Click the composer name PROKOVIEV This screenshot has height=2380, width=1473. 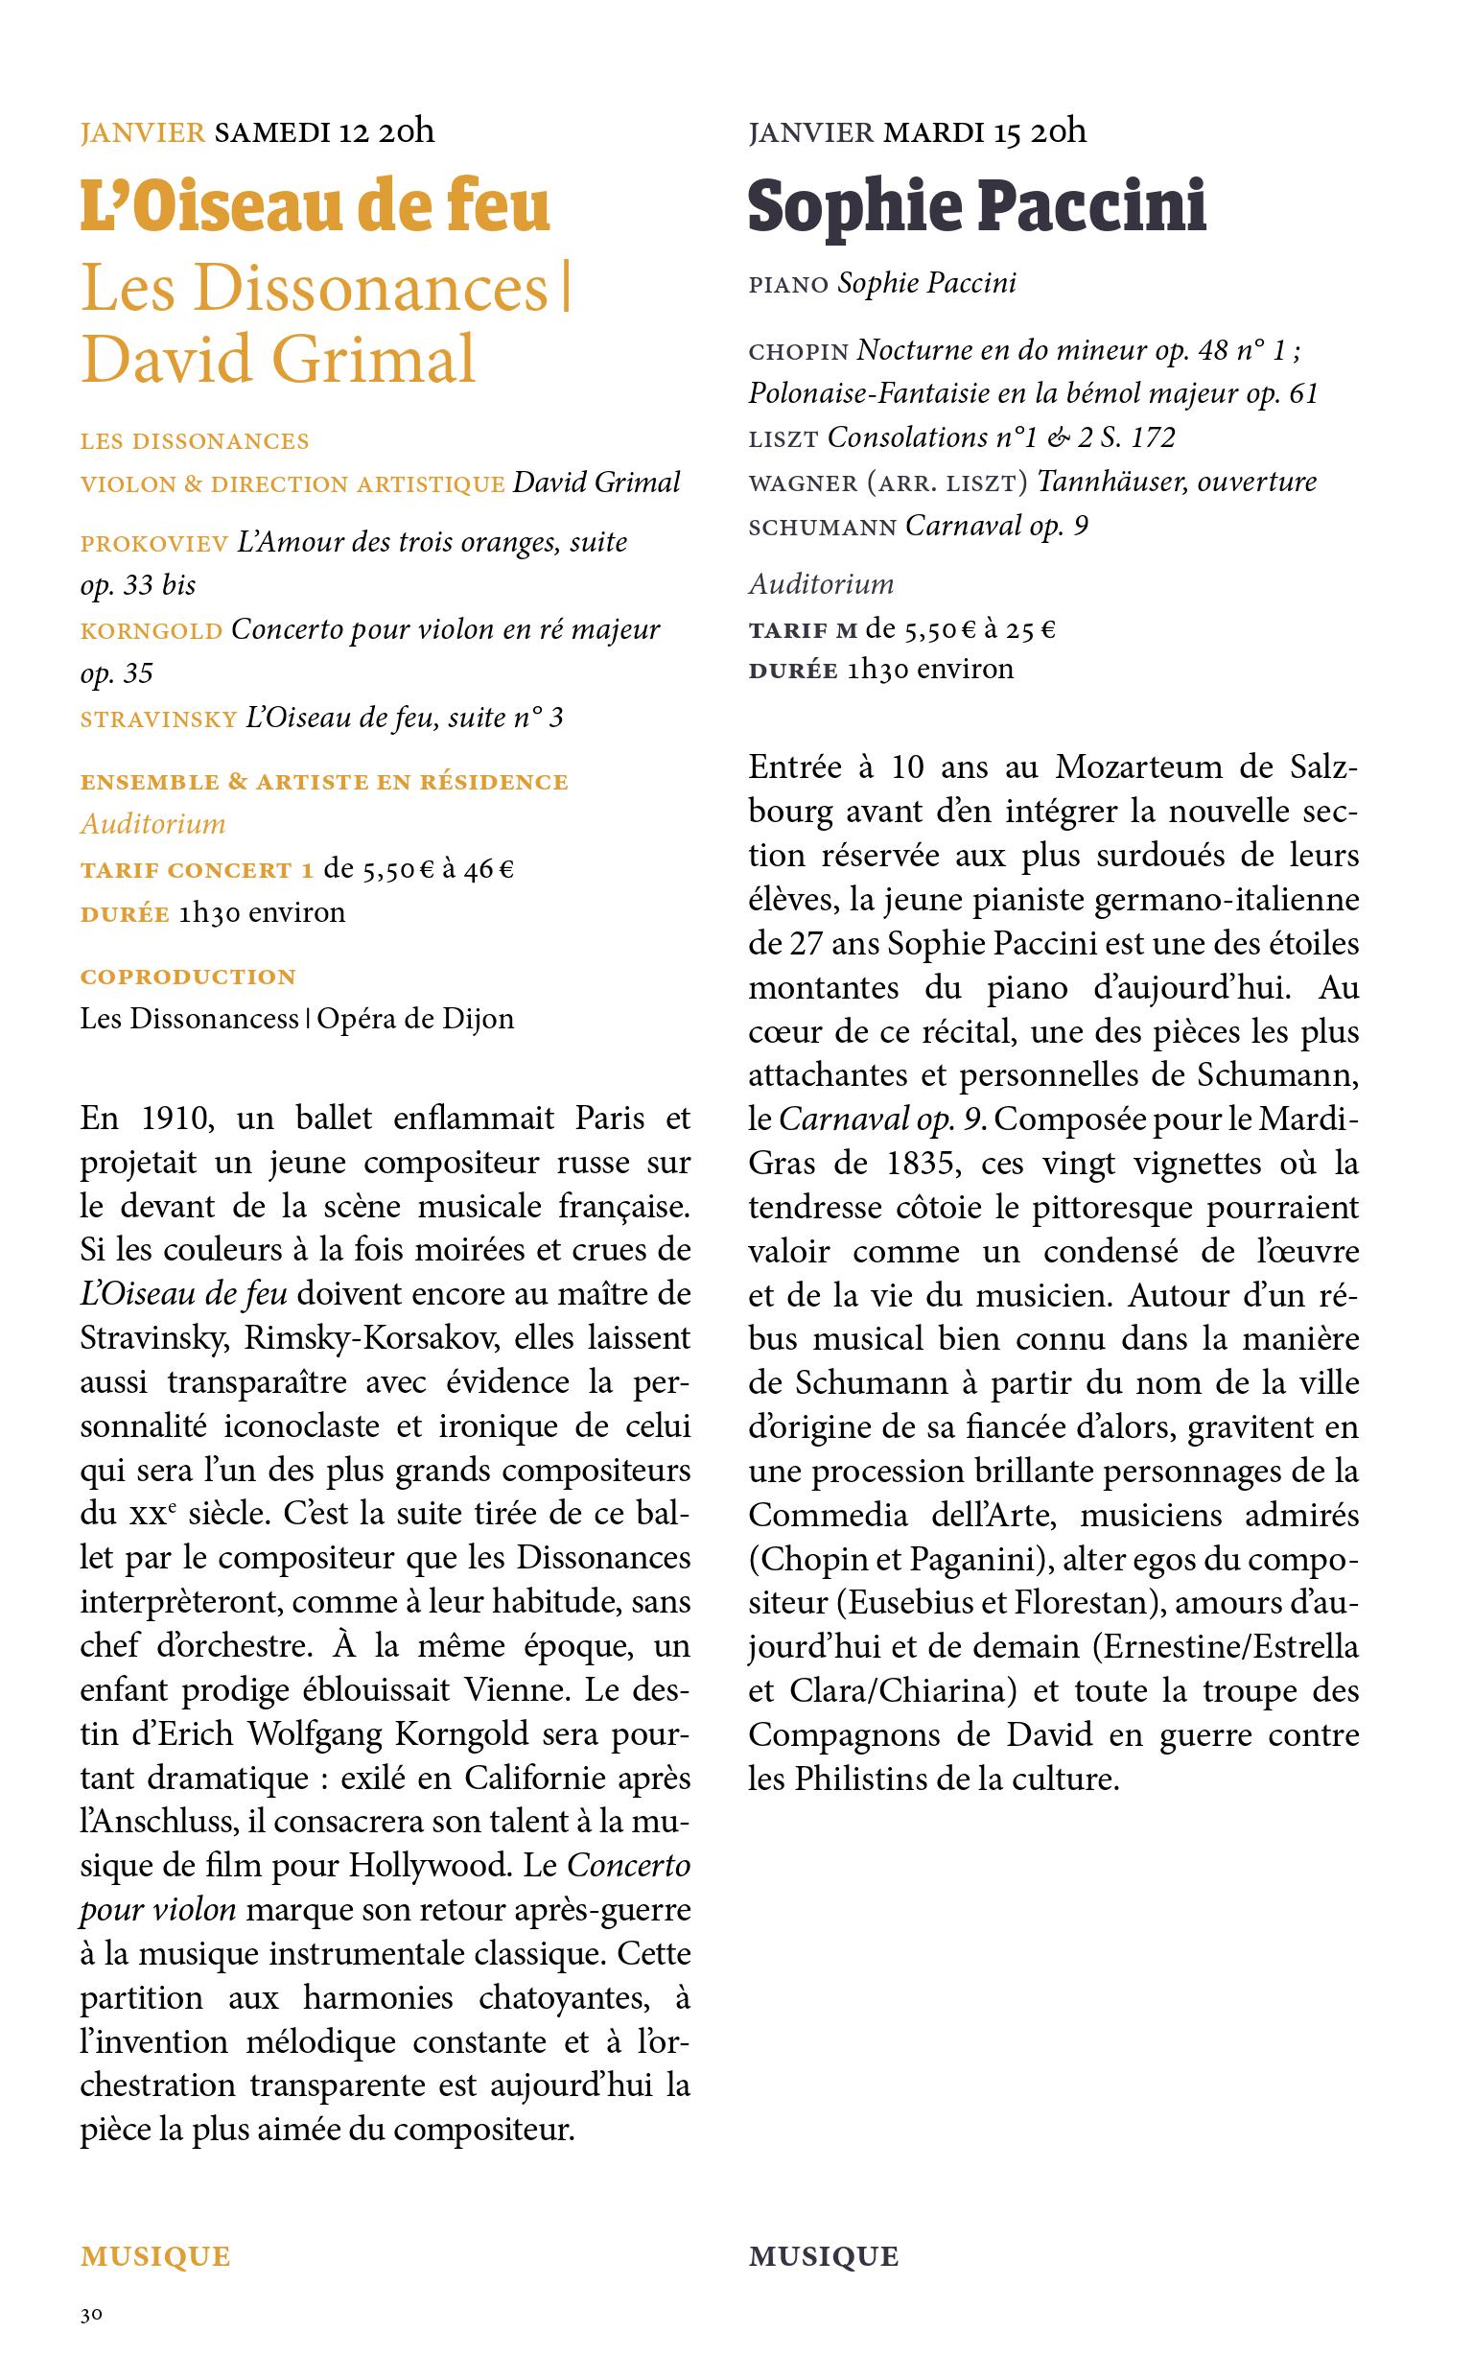(x=155, y=544)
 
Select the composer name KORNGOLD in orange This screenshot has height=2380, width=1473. (x=151, y=631)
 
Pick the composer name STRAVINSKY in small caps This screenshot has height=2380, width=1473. (x=159, y=719)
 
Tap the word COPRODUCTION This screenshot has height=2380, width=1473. (x=188, y=978)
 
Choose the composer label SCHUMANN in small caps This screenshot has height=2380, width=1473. (x=822, y=528)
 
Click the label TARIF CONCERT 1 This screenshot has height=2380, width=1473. (x=197, y=870)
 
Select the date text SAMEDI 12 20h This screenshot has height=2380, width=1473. (x=323, y=131)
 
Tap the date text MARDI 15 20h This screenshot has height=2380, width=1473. (x=984, y=131)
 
